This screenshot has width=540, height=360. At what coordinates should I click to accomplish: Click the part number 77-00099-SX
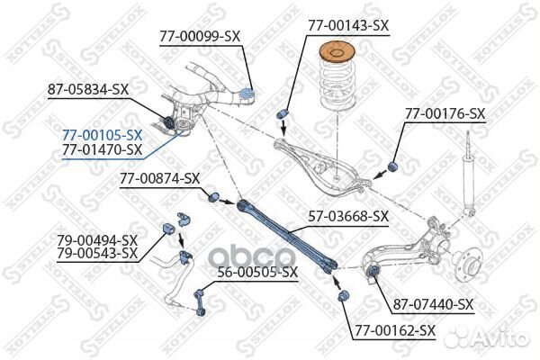200,36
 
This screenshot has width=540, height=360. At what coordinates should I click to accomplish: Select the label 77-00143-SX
348,25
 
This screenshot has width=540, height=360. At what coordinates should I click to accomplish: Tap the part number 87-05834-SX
88,90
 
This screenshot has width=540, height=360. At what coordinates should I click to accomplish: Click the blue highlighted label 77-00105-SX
102,135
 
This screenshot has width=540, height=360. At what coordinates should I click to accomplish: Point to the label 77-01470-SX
102,149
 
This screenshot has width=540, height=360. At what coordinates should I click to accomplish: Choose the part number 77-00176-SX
445,113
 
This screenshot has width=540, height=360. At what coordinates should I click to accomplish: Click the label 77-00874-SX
160,179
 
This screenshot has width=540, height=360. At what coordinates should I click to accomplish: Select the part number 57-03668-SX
348,217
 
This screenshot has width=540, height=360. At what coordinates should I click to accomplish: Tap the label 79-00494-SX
97,240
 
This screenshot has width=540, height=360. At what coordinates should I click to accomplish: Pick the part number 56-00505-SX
257,273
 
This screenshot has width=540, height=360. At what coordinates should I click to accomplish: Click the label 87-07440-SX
433,304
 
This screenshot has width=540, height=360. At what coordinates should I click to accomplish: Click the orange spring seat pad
337,52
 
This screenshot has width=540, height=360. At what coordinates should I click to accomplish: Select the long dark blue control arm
286,236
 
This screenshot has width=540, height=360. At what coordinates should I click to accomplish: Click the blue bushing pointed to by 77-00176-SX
393,166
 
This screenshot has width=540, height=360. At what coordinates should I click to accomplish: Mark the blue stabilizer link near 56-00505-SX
200,303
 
